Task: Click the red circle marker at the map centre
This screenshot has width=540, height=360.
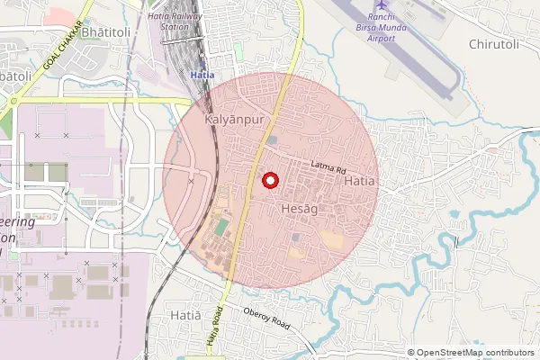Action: [x=269, y=181]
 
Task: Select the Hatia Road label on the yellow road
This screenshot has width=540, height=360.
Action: [x=213, y=336]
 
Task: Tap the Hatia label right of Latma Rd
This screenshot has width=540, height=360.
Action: [x=359, y=182]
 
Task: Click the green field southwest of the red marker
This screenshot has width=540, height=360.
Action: [x=221, y=228]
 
